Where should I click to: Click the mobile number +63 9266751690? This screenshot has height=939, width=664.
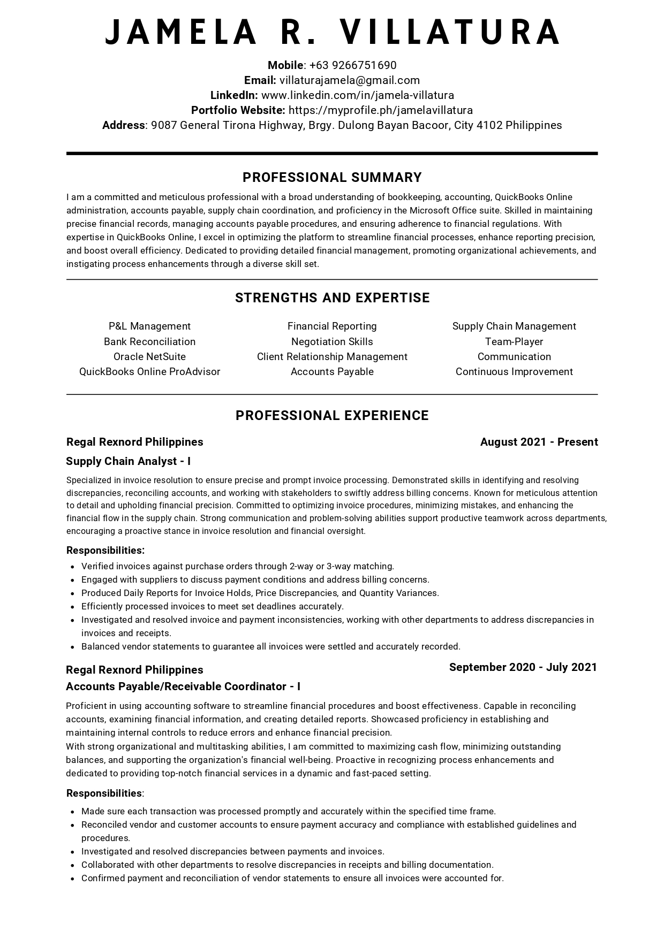pos(353,65)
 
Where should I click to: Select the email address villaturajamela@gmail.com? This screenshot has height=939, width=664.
pos(349,80)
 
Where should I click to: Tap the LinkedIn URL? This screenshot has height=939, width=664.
pos(358,95)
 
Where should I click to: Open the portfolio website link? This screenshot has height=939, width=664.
pos(380,110)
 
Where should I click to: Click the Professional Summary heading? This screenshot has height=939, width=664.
pos(332,177)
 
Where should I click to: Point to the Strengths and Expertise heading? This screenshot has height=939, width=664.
pos(332,297)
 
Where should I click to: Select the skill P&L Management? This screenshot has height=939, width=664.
pos(149,326)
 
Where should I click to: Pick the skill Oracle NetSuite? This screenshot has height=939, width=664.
pos(149,356)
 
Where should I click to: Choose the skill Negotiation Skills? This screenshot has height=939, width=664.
pos(332,341)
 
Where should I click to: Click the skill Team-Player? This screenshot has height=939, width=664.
pos(514,341)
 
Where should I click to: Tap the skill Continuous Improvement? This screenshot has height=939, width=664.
pos(514,371)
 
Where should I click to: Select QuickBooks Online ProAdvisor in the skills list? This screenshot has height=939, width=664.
pos(149,371)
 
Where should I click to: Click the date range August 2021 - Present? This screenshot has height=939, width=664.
pos(539,442)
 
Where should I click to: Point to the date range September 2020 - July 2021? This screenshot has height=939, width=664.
pos(523,667)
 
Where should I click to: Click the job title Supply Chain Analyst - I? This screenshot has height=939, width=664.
pos(129,461)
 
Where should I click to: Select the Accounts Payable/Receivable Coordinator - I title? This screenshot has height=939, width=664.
pos(183,686)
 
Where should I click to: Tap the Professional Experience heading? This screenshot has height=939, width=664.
pos(332,416)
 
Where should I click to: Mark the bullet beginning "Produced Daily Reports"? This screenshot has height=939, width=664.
pos(260,593)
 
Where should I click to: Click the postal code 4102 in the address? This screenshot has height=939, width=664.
pos(489,125)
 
